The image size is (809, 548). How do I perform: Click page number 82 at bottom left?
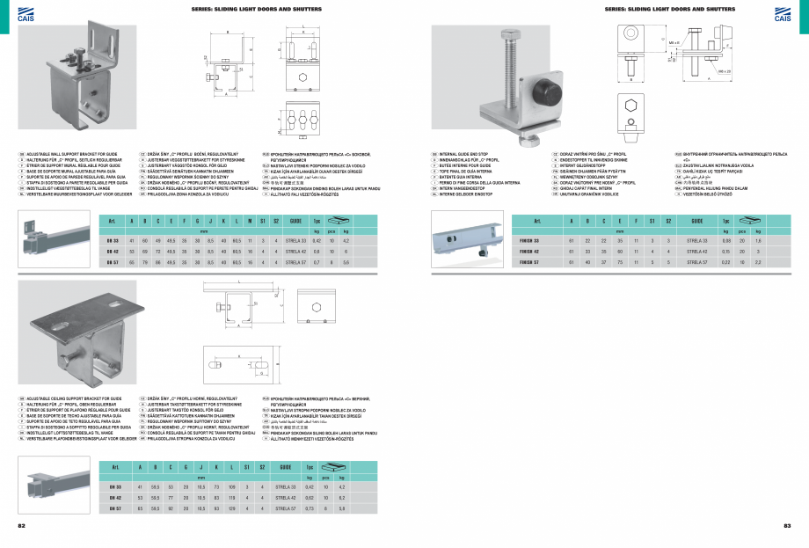[x=21, y=525]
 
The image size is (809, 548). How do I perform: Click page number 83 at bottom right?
[x=787, y=525]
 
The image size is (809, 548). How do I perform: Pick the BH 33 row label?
[x=114, y=486]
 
